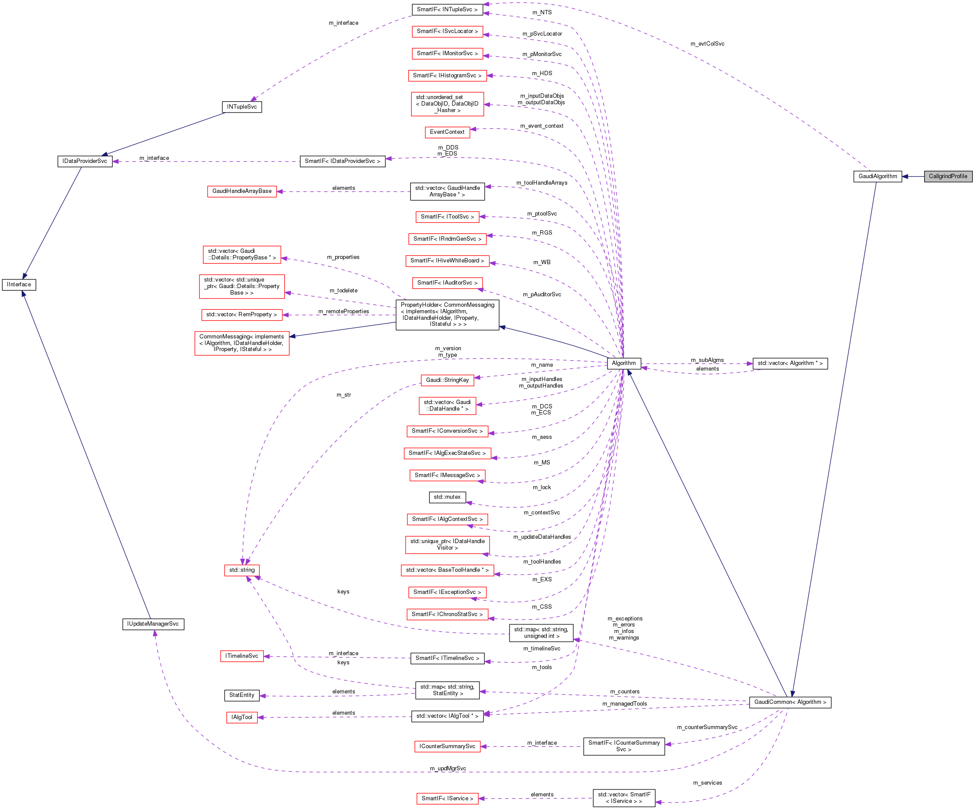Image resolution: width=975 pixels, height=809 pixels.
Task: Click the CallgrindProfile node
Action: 948,176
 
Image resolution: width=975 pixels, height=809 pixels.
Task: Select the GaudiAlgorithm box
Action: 877,176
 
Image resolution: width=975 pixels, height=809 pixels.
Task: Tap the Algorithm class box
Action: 624,364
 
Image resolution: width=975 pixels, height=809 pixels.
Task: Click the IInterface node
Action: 19,285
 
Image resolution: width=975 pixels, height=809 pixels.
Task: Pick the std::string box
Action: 242,570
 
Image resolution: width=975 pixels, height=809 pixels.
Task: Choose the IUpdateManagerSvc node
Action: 153,624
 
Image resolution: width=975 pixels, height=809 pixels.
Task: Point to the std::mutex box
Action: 447,497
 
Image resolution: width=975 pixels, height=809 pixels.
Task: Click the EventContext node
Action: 447,133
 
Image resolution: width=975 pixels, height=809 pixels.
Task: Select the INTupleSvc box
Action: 242,107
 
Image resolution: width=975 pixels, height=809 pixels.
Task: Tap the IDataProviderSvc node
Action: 85,162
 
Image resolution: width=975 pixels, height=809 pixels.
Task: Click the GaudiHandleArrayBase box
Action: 242,191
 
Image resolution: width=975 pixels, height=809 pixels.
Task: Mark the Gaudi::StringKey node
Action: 447,380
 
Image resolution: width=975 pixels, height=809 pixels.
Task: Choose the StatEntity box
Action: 242,695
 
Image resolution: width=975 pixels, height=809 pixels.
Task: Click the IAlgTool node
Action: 242,717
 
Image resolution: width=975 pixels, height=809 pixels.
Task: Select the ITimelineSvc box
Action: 242,656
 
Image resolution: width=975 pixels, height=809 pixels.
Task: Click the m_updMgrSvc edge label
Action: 448,769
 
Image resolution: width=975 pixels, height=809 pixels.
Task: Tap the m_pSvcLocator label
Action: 542,34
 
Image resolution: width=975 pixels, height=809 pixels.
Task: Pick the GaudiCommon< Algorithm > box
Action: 790,702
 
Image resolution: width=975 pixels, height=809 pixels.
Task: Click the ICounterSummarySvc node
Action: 447,747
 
